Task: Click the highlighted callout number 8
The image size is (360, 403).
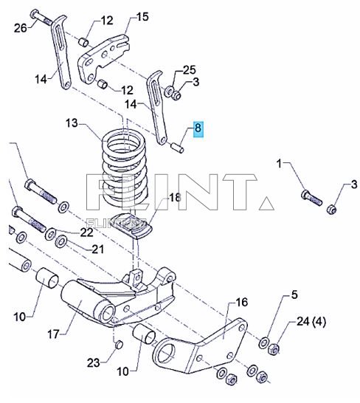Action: (x=198, y=129)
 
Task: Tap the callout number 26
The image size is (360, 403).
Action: (x=21, y=28)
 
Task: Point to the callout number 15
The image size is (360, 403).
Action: (x=142, y=16)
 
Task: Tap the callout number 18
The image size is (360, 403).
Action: (x=174, y=197)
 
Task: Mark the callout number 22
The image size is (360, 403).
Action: (x=87, y=232)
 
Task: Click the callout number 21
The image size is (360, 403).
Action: (x=98, y=249)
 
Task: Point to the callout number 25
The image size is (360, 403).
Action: (x=190, y=70)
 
